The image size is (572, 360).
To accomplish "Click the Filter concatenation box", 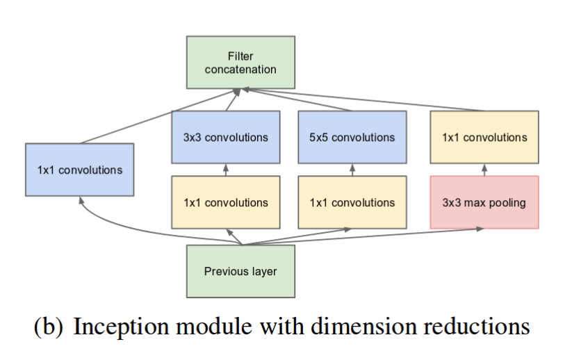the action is [240, 63].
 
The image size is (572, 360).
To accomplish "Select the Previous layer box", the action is [240, 271].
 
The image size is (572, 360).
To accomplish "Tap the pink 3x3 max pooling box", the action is [484, 202].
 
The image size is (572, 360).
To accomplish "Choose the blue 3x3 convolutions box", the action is [226, 137].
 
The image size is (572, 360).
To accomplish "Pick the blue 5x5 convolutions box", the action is [352, 137].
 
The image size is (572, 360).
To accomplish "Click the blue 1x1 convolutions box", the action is [79, 170].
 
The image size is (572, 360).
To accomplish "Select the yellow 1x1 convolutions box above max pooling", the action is [484, 137].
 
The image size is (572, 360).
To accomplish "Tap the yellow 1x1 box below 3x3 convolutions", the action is [226, 202].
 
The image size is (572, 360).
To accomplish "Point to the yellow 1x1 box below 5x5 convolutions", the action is [352, 202].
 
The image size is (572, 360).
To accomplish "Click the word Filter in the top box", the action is [240, 56].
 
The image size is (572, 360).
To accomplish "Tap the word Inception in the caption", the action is [121, 326].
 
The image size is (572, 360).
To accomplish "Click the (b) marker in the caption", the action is [48, 326].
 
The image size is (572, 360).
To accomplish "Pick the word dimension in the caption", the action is [363, 326].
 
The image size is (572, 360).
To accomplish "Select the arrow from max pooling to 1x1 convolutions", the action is [484, 170].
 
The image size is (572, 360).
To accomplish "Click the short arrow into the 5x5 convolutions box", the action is [352, 170].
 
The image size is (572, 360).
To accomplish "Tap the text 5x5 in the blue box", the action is [318, 138].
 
